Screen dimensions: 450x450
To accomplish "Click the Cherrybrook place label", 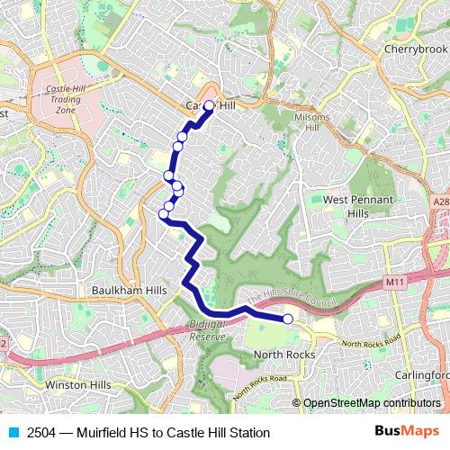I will tap(412, 49).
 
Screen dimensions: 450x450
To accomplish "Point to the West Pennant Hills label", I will tap(346, 206).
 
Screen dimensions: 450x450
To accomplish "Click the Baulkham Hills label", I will tap(129, 292).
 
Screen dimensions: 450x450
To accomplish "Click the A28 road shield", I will tap(439, 204).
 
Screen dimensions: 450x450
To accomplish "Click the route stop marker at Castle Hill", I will tap(209, 106).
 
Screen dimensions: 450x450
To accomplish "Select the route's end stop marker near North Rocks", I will tap(288, 319).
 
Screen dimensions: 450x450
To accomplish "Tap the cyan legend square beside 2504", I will tap(13, 433).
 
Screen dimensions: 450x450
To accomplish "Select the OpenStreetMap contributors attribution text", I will tap(372, 403).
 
